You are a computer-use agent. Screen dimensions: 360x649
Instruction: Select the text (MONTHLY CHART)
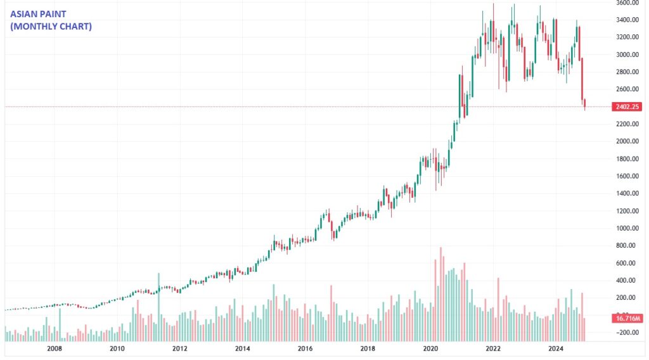pos(51,27)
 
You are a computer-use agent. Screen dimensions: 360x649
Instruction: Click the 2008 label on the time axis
pos(55,349)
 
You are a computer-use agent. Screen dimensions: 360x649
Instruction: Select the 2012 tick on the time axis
pos(179,349)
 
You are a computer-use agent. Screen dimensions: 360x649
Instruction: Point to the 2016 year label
pos(305,349)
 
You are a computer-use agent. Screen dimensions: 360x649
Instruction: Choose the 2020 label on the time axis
pos(430,349)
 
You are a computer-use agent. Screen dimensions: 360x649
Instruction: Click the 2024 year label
pos(556,349)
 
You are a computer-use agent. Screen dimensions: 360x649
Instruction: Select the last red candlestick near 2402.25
pos(585,104)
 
